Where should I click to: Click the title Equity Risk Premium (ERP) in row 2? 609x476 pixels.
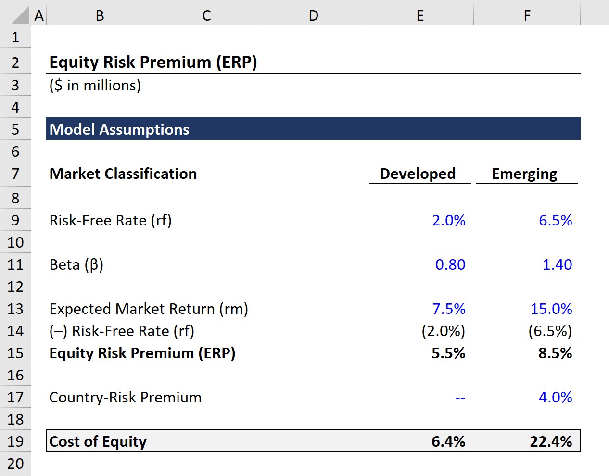tap(153, 63)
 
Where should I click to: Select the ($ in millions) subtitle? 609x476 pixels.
tap(95, 86)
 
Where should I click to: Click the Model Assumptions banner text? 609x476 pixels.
tap(119, 129)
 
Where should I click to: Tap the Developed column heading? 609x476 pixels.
tap(417, 174)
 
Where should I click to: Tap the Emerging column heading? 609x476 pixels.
tap(524, 174)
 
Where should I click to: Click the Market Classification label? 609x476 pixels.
tap(123, 174)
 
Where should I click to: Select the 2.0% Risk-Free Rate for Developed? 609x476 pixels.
tap(448, 220)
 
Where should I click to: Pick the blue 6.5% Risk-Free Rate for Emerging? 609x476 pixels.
tap(555, 220)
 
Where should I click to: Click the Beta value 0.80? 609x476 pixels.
tap(450, 264)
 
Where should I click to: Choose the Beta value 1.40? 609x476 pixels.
tap(557, 264)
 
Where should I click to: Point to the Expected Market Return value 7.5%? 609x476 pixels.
tap(448, 309)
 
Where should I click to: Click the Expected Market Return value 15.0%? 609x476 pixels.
tap(551, 309)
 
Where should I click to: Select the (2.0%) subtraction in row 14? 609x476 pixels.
tap(443, 331)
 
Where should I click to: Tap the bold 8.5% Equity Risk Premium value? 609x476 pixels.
tap(555, 353)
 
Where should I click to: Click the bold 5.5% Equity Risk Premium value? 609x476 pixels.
tap(448, 353)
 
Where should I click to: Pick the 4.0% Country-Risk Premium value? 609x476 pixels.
tap(555, 397)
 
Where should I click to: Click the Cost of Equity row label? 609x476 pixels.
tap(98, 441)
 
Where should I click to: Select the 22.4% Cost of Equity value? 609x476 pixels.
tap(551, 441)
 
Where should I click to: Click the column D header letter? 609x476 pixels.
tap(313, 15)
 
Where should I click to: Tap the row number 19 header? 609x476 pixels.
tap(15, 441)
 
